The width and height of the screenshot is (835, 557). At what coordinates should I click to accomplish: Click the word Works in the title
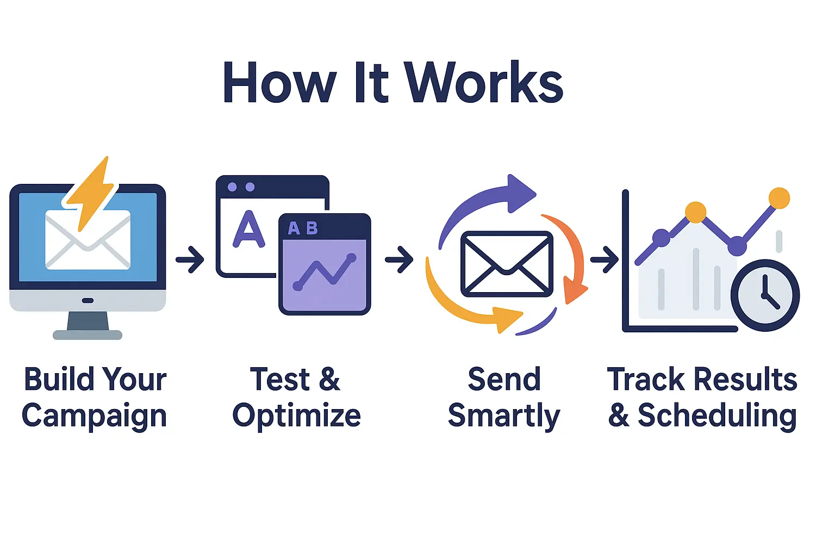point(484,82)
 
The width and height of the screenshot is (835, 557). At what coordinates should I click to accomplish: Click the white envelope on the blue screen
point(88,239)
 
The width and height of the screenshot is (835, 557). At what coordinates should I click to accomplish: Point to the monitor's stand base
point(88,335)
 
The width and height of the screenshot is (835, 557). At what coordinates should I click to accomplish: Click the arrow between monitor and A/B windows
point(190,259)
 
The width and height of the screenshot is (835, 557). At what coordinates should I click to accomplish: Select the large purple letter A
point(248,229)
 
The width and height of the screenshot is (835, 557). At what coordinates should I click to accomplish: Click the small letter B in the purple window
point(311,227)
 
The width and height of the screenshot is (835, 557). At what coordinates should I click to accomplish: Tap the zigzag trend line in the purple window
point(325,272)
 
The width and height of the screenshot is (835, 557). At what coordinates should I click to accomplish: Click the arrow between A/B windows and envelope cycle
point(399,259)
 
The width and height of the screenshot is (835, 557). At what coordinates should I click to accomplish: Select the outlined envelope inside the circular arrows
point(507,264)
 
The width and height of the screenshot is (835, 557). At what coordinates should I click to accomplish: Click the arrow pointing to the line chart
point(605,259)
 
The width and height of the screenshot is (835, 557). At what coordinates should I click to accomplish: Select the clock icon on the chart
point(765,295)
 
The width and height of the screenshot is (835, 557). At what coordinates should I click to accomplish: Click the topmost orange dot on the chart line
point(779,198)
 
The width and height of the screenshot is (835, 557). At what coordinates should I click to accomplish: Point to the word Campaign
point(94,416)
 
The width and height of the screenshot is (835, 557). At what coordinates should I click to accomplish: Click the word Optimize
point(297,416)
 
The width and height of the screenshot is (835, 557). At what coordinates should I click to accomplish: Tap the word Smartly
point(504,416)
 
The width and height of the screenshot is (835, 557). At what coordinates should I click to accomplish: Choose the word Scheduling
point(717,416)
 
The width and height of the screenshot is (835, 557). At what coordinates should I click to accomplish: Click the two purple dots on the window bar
point(241,187)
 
